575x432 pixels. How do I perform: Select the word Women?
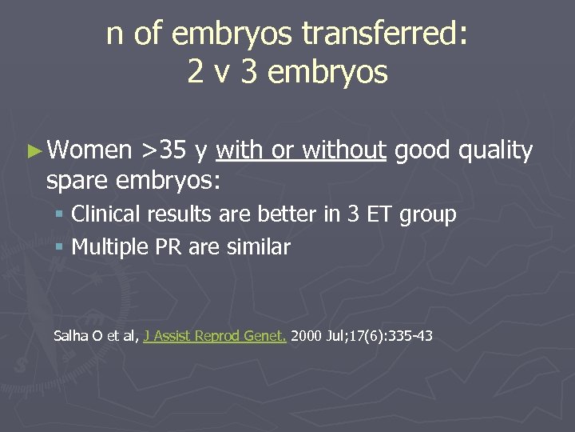90,150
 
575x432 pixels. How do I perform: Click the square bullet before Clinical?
61,215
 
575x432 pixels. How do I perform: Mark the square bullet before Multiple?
61,248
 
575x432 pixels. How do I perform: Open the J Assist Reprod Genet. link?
215,336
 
